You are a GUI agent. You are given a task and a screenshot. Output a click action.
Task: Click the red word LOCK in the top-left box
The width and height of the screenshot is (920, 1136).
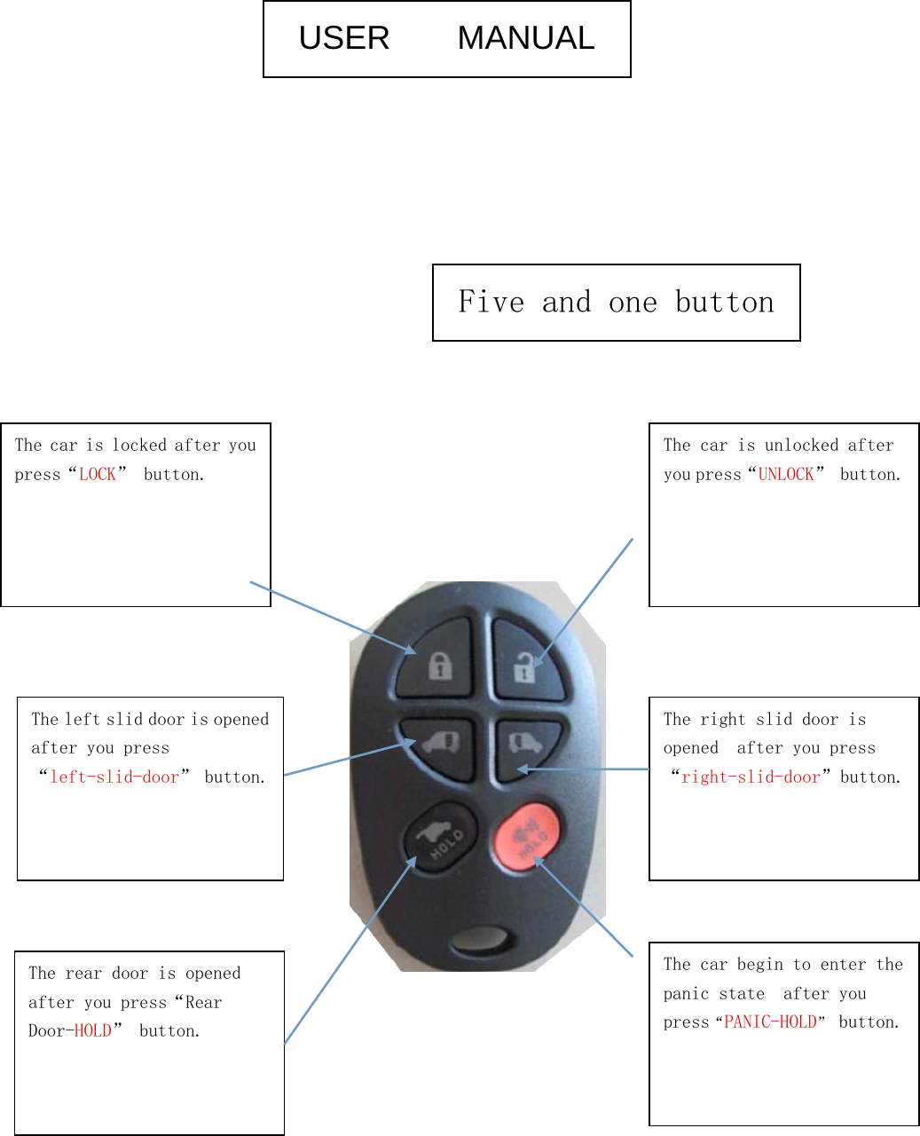(x=98, y=475)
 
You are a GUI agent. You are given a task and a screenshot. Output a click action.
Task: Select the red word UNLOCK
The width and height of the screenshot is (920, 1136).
(x=786, y=475)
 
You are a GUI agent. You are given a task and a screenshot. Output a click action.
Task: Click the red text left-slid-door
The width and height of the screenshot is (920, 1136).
(x=114, y=777)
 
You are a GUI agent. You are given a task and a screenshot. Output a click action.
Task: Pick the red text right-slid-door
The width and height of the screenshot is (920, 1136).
(x=751, y=777)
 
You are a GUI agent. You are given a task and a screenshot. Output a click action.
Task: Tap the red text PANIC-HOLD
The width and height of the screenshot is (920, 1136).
(x=770, y=1022)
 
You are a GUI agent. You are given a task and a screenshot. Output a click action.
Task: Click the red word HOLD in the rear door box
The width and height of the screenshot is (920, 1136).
(x=93, y=1031)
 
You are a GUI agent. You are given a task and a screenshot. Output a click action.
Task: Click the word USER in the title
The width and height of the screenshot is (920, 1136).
(x=344, y=38)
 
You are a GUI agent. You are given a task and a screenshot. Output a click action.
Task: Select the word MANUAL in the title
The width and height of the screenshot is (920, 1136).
(x=526, y=38)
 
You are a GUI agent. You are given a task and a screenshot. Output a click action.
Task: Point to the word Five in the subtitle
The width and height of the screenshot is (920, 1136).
(x=491, y=303)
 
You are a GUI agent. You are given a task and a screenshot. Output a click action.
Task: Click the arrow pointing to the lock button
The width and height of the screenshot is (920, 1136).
(x=333, y=618)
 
